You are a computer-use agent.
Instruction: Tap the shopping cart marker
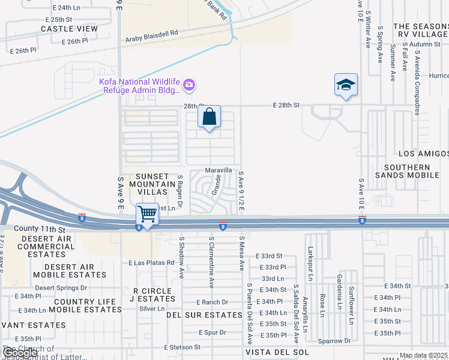[147, 214]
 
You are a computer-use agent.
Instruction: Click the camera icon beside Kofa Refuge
[188, 85]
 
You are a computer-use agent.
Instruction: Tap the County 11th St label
[39, 229]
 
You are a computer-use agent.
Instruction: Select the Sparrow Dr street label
[334, 341]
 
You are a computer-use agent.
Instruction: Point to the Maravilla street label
[218, 170]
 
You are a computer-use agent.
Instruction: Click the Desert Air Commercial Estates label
[46, 247]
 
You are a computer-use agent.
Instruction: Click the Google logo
[20, 353]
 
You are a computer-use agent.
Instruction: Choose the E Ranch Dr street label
[212, 302]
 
